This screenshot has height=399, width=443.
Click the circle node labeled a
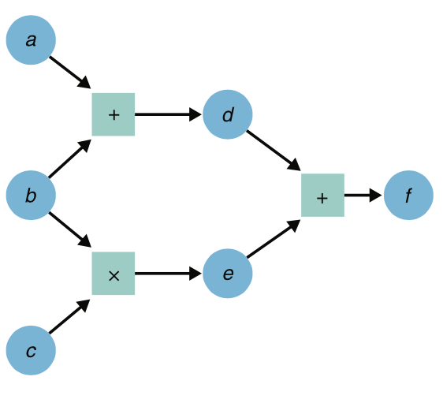pos(31,40)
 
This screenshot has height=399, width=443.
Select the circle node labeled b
pos(31,195)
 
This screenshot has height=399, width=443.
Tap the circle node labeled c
pos(31,350)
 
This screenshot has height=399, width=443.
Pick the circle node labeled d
pos(228,114)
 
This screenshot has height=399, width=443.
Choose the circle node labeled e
pos(228,274)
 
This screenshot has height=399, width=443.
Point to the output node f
pos(408,195)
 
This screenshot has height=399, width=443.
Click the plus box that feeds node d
pos(114,114)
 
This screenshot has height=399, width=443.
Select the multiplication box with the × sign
pos(114,274)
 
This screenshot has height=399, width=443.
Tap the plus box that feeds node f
pos(322,195)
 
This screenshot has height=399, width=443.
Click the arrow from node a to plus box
pos(70,72)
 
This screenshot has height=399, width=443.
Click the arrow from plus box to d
pos(168,114)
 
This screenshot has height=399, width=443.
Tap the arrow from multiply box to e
pos(168,274)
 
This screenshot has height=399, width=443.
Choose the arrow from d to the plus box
pos(274,150)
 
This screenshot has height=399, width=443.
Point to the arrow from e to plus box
pos(274,239)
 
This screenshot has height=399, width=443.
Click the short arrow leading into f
pos(363,195)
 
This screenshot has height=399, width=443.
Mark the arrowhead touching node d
pos(196,114)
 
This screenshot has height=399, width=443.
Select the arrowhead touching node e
pos(196,274)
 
